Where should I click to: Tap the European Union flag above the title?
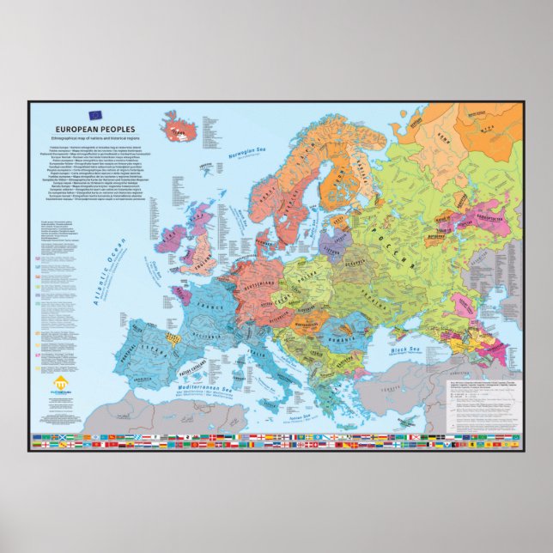click(x=94, y=114)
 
